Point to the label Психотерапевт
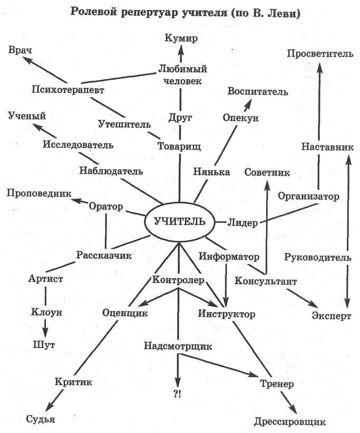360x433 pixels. click(67, 89)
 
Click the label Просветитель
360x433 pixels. click(319, 54)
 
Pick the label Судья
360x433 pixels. click(41, 419)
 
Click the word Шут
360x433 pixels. click(44, 345)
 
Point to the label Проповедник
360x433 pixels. click(39, 193)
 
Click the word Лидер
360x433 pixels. click(243, 222)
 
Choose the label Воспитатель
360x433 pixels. click(258, 91)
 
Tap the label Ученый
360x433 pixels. click(27, 116)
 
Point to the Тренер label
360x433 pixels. click(277, 383)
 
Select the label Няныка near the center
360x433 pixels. click(211, 172)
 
